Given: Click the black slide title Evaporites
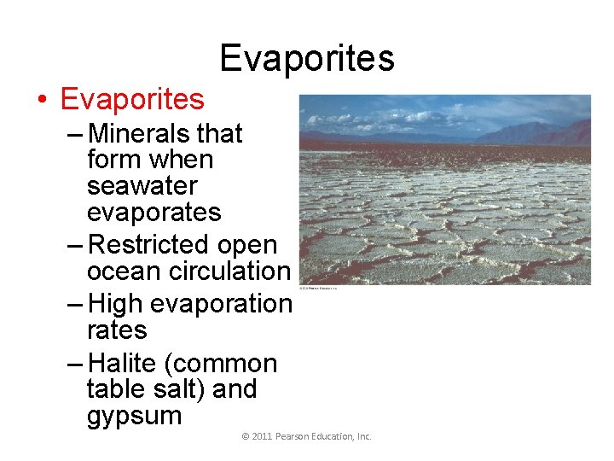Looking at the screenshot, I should tap(307, 58).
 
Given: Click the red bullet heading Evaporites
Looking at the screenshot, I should tap(132, 100).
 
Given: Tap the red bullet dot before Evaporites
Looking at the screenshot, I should tap(42, 101).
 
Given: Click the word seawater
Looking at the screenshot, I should tap(142, 186).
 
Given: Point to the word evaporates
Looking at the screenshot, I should tap(153, 213).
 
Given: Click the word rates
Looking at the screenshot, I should tap(117, 330).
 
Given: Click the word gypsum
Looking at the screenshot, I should tap(134, 417).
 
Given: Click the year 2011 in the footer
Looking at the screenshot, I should tap(262, 436).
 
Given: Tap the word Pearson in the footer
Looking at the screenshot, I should tap(293, 436).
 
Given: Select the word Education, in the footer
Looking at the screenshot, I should tap(334, 436).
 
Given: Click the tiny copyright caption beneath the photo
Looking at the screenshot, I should tap(318, 289).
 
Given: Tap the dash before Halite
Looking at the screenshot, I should tap(75, 364).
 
